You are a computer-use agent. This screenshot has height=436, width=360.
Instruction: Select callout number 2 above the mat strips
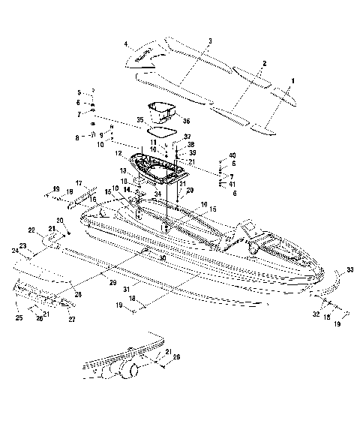(264, 65)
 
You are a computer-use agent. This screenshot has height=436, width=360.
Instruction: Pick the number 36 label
(186, 121)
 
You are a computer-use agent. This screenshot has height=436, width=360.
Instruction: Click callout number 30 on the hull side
(163, 257)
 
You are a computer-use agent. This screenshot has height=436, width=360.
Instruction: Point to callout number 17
(78, 183)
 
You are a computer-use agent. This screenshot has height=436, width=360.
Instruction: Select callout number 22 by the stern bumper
(31, 230)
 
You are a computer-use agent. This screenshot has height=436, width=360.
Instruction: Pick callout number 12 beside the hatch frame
(118, 154)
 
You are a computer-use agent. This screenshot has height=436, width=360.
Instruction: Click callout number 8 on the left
(77, 138)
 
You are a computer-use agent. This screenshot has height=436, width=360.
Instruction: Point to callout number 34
(157, 194)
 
